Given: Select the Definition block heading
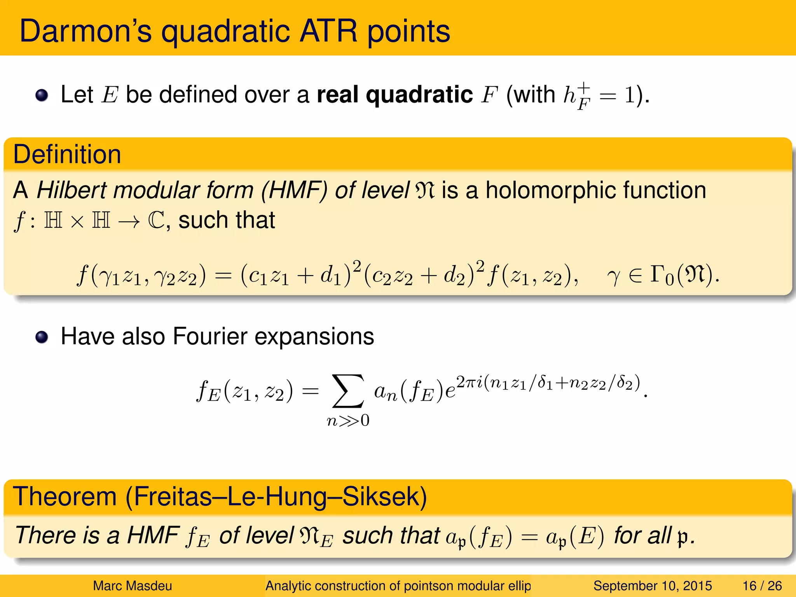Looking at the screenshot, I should pos(67,155).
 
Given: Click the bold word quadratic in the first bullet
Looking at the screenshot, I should pos(419,94).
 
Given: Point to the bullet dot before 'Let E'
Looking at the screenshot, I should pos(42,95).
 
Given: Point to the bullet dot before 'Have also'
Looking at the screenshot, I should pos(42,337).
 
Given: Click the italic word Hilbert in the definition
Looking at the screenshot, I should pos(71,190).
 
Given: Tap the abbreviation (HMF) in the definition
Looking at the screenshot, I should pos(294,190).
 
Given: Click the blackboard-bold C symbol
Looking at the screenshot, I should pos(156,220).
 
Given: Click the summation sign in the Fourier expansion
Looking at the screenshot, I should pos(348,391).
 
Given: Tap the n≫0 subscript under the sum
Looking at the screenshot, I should pos(348,421).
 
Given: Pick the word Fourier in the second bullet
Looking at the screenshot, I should pos(210,336).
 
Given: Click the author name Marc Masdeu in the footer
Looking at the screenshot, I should pos(132,586).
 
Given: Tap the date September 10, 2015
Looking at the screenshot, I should pos(652,586).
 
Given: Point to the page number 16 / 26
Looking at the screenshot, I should pos(762,586).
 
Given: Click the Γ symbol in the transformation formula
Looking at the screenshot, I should pos(656,274).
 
